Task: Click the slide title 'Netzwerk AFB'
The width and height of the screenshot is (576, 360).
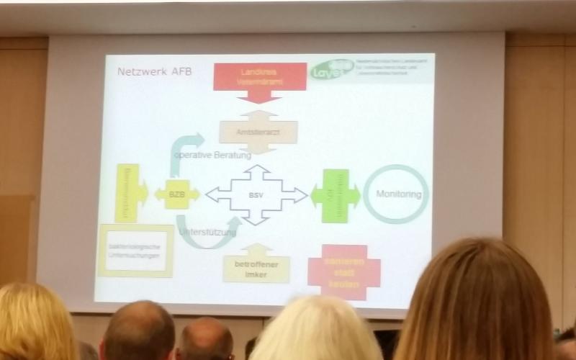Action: click(x=155, y=72)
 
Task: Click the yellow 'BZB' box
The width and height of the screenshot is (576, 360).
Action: click(x=176, y=194)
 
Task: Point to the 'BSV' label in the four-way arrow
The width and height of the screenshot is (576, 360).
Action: click(x=256, y=194)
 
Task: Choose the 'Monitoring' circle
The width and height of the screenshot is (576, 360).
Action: click(x=396, y=194)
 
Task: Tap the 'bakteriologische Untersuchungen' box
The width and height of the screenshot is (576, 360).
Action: click(x=136, y=251)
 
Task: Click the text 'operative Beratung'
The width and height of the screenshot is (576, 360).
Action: click(x=212, y=156)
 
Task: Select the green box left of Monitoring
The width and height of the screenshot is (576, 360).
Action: click(x=336, y=194)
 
